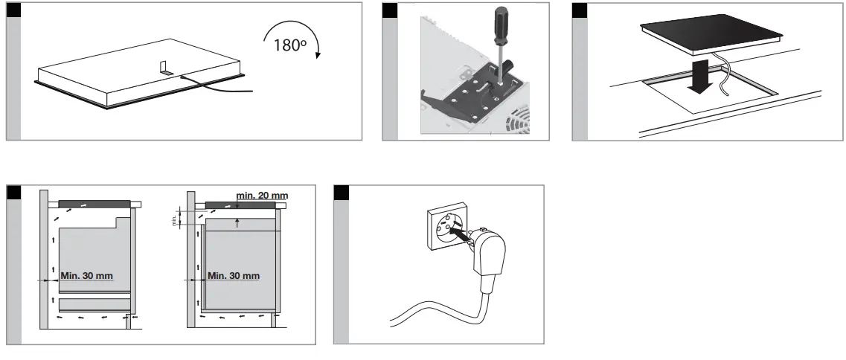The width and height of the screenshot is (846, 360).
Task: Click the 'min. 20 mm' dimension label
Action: [x=260, y=195]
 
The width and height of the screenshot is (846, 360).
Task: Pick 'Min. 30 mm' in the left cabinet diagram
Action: [x=87, y=276]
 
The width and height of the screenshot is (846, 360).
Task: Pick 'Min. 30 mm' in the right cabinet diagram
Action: [x=234, y=276]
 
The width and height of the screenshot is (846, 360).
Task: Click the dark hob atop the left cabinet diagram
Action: [x=93, y=203]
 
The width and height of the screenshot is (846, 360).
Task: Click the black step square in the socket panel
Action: [x=342, y=193]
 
